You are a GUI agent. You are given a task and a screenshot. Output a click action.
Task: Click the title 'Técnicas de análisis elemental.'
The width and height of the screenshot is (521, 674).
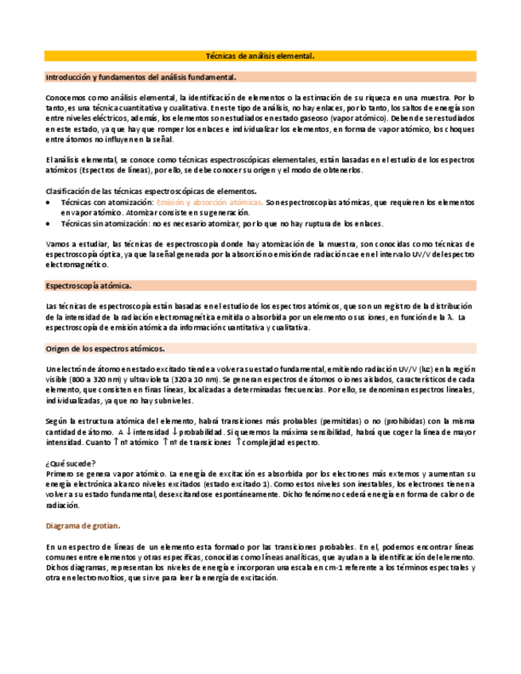[260, 56]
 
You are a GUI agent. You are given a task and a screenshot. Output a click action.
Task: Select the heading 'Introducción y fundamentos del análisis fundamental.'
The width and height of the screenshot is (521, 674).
[141, 77]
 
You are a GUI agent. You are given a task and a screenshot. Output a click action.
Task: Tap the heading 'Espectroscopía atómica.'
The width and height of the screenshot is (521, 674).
[89, 285]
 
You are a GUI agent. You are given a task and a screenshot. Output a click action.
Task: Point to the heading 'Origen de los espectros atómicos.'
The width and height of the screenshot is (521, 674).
[106, 348]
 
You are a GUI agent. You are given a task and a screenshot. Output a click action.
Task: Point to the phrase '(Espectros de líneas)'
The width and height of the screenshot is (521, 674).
[100, 170]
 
